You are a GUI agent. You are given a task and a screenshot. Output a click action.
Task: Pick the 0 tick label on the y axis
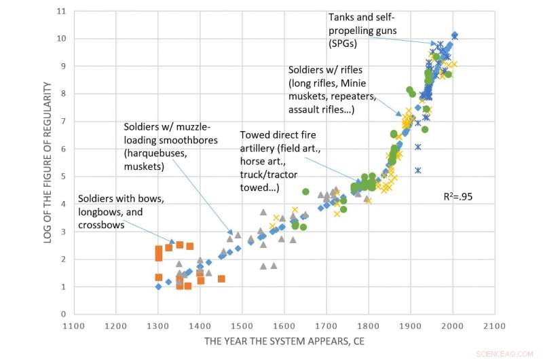(x=63, y=314)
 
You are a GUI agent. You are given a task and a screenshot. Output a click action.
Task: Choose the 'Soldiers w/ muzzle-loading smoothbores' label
(x=176, y=146)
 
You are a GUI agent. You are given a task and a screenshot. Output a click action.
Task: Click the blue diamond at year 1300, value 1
(x=158, y=287)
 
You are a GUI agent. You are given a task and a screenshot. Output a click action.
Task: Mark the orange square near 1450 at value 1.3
(x=221, y=278)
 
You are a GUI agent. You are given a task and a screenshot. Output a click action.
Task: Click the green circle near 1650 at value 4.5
(x=305, y=192)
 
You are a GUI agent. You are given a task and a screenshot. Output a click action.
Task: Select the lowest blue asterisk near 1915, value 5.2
(x=418, y=170)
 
